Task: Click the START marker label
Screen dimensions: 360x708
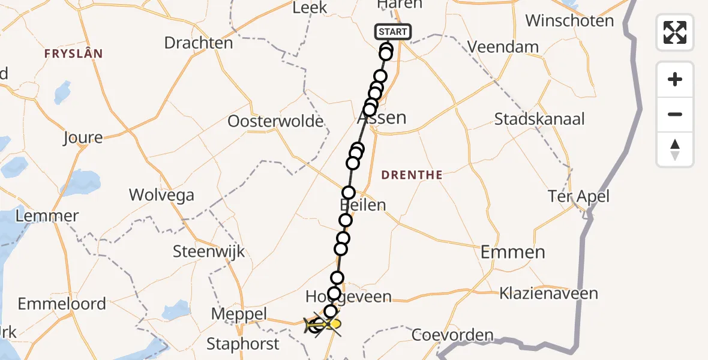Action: (x=393, y=32)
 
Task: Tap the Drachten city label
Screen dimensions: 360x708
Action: (x=199, y=43)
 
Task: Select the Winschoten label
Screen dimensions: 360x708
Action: (x=569, y=21)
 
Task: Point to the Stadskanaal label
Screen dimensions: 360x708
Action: (x=539, y=119)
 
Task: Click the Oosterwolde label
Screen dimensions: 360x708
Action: (x=275, y=122)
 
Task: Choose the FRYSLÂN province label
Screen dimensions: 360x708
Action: (x=73, y=54)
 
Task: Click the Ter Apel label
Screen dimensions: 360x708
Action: (x=578, y=196)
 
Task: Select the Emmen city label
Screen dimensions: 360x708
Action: (x=513, y=252)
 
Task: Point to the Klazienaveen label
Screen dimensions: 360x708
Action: (x=549, y=293)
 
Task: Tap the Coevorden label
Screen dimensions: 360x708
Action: (x=453, y=335)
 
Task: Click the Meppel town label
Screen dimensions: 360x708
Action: (x=239, y=314)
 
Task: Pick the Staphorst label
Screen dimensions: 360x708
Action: (x=243, y=344)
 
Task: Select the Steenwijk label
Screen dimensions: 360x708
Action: (x=209, y=251)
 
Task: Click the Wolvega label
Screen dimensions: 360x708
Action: (x=162, y=195)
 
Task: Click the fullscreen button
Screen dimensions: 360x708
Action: (x=675, y=32)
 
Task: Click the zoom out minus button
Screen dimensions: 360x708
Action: (x=675, y=115)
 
